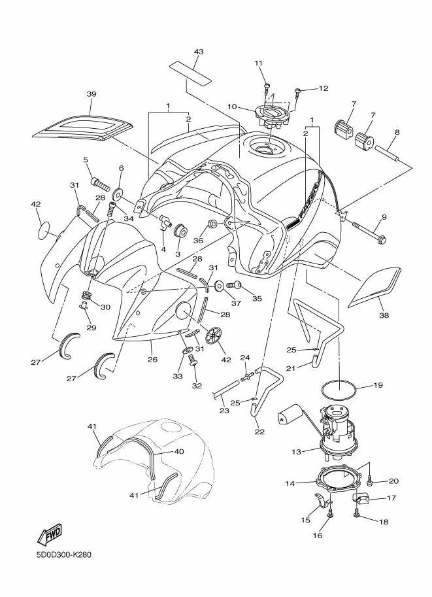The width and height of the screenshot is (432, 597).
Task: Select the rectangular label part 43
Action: (192, 72)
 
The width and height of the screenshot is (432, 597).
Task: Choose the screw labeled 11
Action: (267, 86)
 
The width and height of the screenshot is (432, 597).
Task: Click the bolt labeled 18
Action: (357, 517)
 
